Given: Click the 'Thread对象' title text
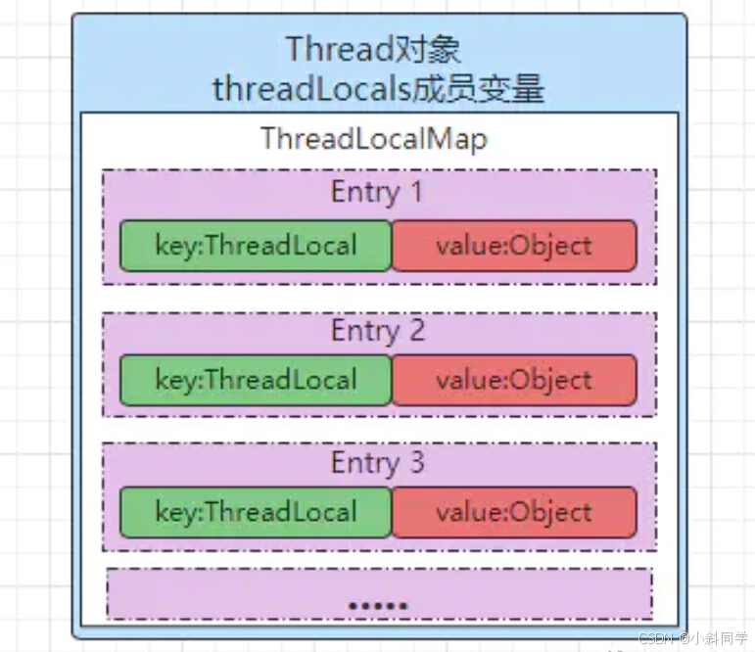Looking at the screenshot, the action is click(372, 48).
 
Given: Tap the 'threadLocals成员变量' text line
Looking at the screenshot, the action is click(378, 90).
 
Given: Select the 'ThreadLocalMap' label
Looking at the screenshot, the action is click(374, 139).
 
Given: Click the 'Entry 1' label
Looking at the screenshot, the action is click(377, 192).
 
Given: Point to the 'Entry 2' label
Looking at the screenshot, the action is click(377, 331).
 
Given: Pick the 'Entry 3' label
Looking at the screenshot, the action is click(377, 462).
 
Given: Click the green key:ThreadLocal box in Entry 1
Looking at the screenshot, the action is click(256, 245).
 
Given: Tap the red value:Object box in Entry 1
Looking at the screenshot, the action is click(514, 245).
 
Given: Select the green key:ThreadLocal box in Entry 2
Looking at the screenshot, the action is click(256, 380).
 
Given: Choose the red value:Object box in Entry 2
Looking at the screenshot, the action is click(514, 380).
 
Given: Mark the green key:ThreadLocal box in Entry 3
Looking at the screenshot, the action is click(256, 512).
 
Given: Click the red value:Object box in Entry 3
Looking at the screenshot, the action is click(514, 512).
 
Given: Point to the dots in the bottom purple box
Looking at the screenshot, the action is click(378, 605).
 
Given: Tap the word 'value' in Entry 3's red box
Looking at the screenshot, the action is click(462, 512).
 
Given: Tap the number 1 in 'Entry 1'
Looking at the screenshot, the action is click(415, 192).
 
